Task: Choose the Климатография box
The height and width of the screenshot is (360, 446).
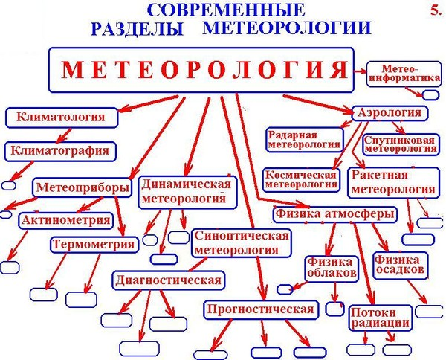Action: [60, 150]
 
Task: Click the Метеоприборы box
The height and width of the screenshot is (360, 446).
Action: [83, 187]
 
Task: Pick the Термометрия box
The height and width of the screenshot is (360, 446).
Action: [94, 244]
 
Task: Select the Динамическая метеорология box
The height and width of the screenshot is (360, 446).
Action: [186, 192]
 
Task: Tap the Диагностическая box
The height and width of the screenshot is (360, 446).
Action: [168, 280]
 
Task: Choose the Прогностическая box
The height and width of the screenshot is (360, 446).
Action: [261, 309]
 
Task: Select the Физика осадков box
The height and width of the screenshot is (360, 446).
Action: [401, 265]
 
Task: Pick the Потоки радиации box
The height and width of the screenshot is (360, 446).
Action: [380, 318]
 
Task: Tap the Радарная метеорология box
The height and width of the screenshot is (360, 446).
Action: [304, 139]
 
